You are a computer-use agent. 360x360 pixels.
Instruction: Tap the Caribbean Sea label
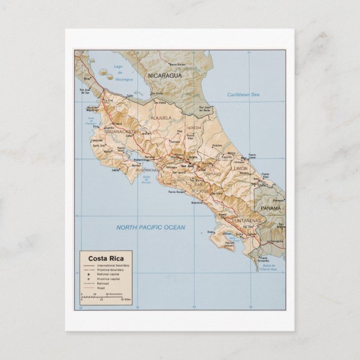(x=244, y=95)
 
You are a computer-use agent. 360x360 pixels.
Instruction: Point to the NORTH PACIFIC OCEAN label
(x=150, y=228)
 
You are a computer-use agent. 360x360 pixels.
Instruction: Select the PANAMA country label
(x=271, y=208)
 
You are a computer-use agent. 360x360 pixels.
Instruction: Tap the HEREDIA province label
(x=194, y=128)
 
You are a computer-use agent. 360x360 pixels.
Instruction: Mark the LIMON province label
(x=240, y=168)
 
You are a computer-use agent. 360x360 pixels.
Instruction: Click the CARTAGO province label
(x=212, y=174)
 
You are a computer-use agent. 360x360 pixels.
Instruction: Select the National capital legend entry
(x=108, y=274)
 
